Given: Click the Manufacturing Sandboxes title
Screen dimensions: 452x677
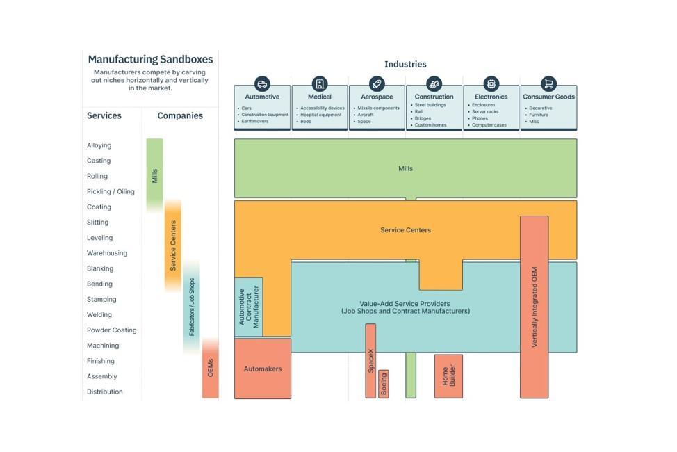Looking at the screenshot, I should (x=150, y=60).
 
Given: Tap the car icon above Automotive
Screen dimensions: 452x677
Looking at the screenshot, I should (x=262, y=83).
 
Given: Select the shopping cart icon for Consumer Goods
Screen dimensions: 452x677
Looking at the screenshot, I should (x=548, y=83).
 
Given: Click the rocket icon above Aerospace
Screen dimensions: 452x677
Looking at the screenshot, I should (x=377, y=83).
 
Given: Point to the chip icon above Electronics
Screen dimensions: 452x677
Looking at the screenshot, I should (x=491, y=83).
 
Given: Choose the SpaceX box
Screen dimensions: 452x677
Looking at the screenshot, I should (x=370, y=361).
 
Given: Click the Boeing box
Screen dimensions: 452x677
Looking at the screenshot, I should (x=383, y=384).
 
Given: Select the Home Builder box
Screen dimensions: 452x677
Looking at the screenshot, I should (x=448, y=376).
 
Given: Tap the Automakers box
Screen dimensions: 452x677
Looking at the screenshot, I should (x=263, y=369).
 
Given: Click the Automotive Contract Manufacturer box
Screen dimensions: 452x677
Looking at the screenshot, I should (x=248, y=307).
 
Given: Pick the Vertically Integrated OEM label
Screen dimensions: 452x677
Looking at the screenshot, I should (x=535, y=307).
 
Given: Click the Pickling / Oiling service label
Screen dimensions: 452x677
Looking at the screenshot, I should (x=111, y=191).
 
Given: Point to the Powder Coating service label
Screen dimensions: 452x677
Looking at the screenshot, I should (x=111, y=330).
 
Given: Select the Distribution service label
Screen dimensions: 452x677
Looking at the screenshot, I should (x=104, y=392).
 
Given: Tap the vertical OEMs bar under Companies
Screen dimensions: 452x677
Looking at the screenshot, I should (x=210, y=369).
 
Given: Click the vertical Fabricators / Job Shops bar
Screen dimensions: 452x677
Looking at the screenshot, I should (x=192, y=307).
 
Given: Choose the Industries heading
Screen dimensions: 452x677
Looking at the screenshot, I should (x=405, y=64).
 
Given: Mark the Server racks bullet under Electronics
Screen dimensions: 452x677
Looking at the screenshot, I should (x=485, y=112).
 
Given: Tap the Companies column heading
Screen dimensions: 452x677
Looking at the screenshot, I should (x=180, y=115).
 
